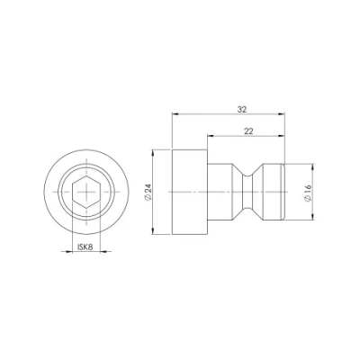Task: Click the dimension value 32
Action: coord(242,110)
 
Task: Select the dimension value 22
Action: coord(248,131)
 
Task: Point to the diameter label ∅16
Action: coord(308,193)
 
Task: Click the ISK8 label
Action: coord(85,247)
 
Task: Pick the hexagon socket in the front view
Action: coord(86,192)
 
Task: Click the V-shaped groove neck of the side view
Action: coord(247,192)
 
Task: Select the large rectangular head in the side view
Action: coord(190,192)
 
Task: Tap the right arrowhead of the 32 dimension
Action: coord(282,113)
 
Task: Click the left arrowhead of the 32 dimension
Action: coord(175,113)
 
